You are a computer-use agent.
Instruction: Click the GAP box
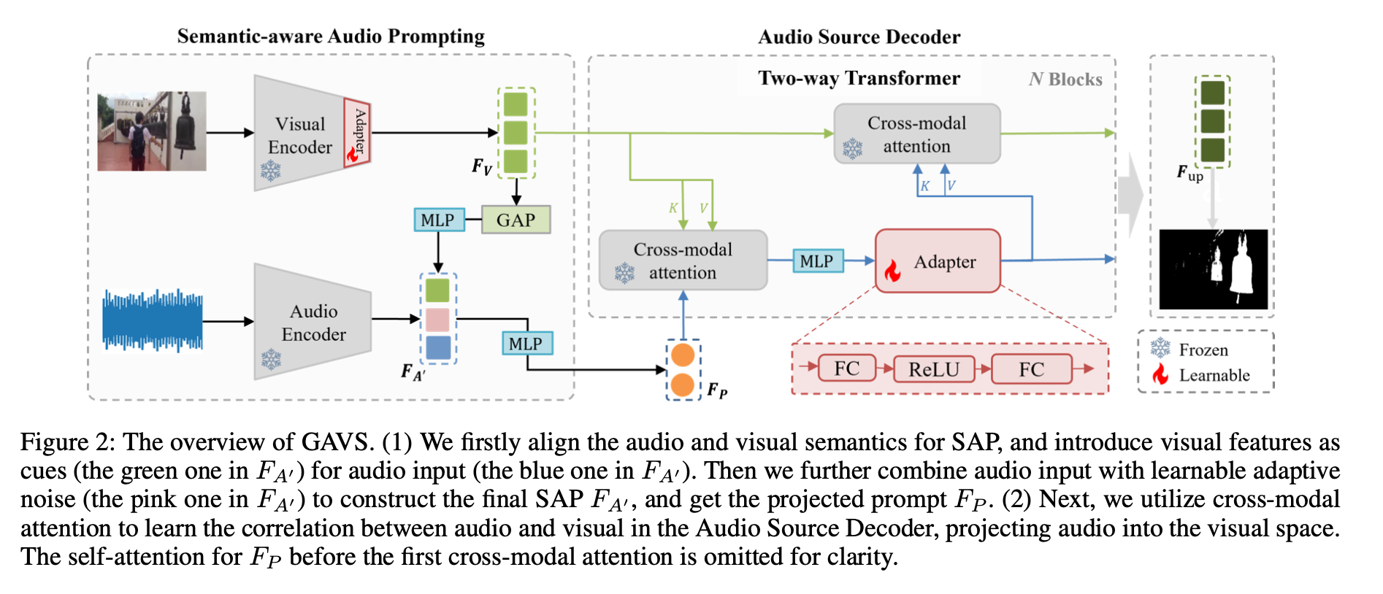pos(516,220)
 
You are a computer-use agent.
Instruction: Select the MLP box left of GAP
pos(438,220)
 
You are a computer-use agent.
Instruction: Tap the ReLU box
pos(933,369)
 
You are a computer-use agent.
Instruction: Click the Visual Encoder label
pos(300,136)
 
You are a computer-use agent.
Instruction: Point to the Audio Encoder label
pos(313,323)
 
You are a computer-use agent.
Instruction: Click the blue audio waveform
pos(153,320)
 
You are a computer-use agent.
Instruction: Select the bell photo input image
pos(152,131)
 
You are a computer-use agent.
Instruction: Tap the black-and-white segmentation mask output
pos(1213,269)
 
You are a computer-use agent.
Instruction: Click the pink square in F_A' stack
pos(437,320)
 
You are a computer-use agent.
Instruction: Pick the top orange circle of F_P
pos(683,355)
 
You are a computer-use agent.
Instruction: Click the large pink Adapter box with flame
pos(938,261)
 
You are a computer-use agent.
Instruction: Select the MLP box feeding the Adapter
pos(816,261)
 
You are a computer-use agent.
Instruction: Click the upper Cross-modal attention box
pos(916,134)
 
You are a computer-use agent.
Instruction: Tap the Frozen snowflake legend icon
pos(1160,349)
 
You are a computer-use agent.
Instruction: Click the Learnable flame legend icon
pos(1160,375)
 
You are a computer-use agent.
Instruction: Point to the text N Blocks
pos(1065,80)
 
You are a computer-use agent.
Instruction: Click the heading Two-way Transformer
pos(859,78)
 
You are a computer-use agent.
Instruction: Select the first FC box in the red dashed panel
pos(846,369)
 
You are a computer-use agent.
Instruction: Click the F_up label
pos(1189,174)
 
